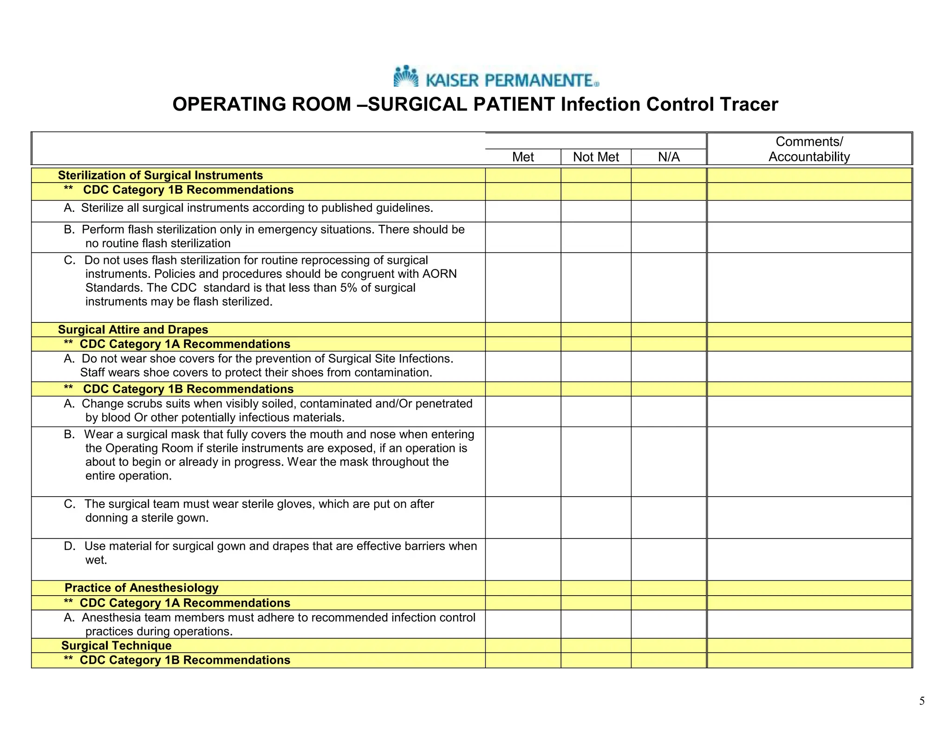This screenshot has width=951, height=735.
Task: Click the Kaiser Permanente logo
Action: coord(496,77)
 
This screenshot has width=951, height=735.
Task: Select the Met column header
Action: coord(523,157)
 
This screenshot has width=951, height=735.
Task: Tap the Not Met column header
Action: coord(596,157)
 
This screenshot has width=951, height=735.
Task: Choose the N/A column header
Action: coord(669,157)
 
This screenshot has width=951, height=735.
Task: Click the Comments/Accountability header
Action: coord(809,149)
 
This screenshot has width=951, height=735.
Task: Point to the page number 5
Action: coord(922,701)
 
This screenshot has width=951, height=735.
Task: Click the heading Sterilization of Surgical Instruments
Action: coord(160,176)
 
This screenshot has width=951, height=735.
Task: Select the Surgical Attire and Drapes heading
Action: coord(133,330)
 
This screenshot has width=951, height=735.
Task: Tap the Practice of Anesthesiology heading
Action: coord(141,588)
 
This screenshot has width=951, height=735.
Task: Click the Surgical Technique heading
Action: coord(116,646)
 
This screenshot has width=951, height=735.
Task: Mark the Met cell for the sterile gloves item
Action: coord(523,518)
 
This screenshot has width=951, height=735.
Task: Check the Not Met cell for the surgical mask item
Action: coord(596,462)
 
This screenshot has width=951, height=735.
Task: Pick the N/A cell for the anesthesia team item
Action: coord(669,624)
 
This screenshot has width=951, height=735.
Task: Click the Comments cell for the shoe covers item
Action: coord(809,367)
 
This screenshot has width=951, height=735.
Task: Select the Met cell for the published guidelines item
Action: coord(523,211)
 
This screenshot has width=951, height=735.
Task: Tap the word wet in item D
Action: coord(96,560)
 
